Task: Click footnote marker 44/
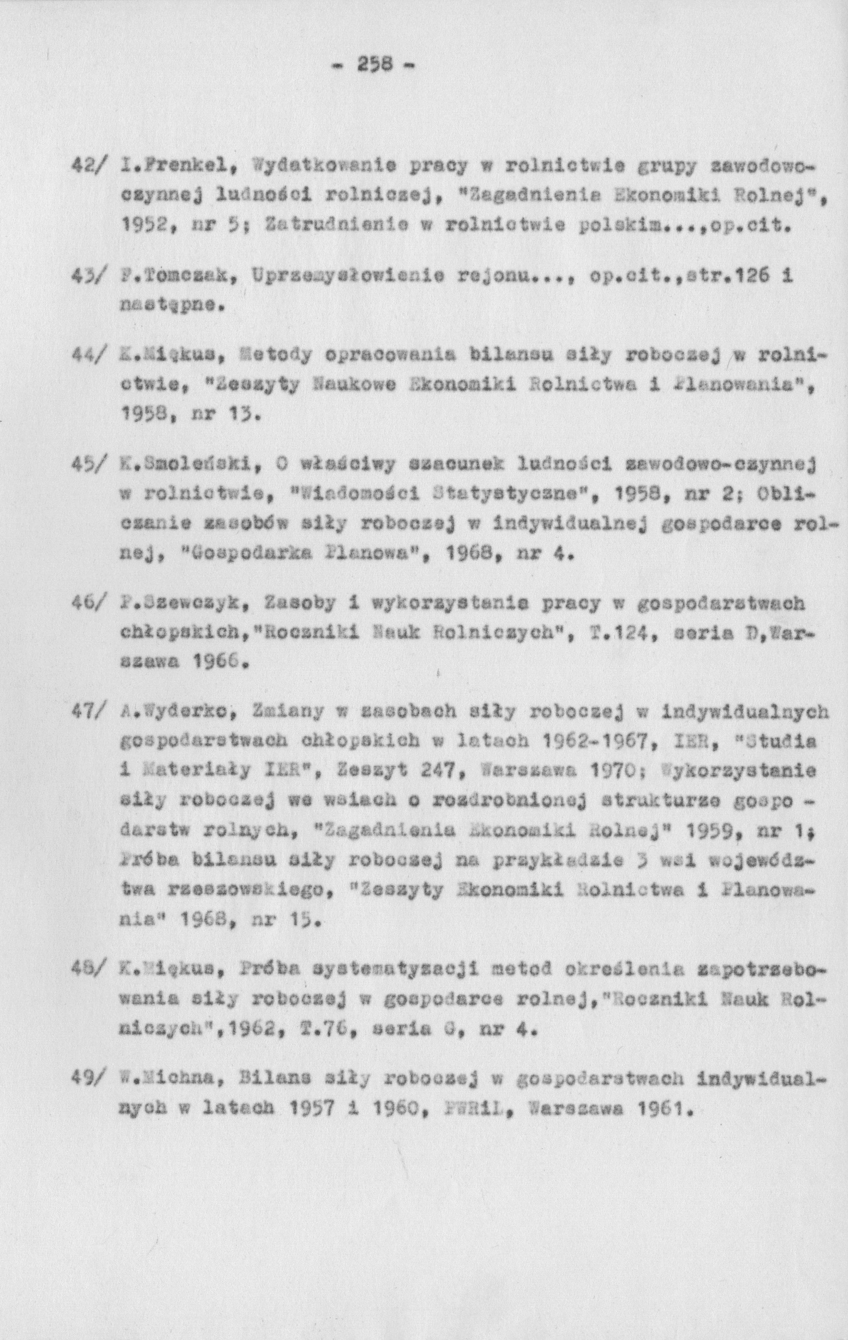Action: pyautogui.click(x=88, y=356)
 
